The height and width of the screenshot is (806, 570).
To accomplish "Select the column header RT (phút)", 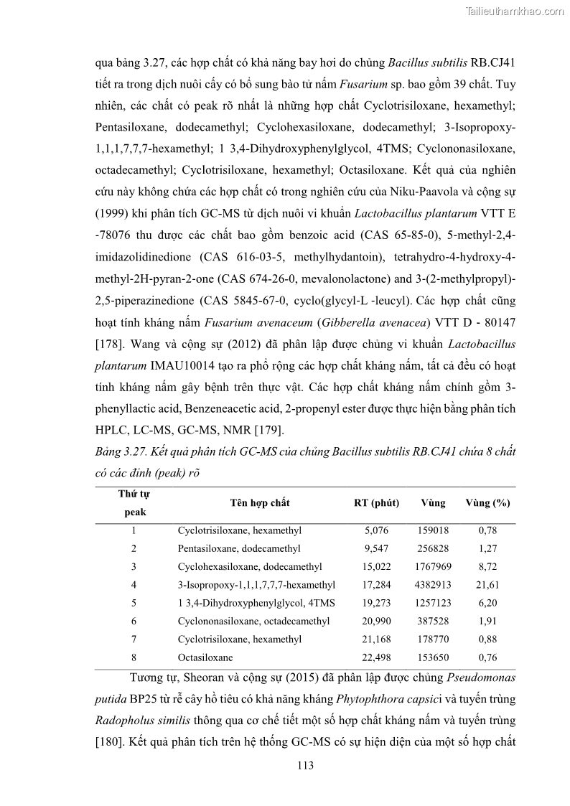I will tap(377, 503).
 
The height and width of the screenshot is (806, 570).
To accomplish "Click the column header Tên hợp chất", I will tap(260, 503).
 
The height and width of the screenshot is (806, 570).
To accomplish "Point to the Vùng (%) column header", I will tap(487, 503).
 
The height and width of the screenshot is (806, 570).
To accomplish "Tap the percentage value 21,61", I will tap(487, 585).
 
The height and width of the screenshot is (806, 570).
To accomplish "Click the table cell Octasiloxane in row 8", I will tap(205, 657).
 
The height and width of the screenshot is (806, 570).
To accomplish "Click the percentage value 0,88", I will tap(487, 639).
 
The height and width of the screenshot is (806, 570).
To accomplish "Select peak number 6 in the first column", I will tap(134, 622).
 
